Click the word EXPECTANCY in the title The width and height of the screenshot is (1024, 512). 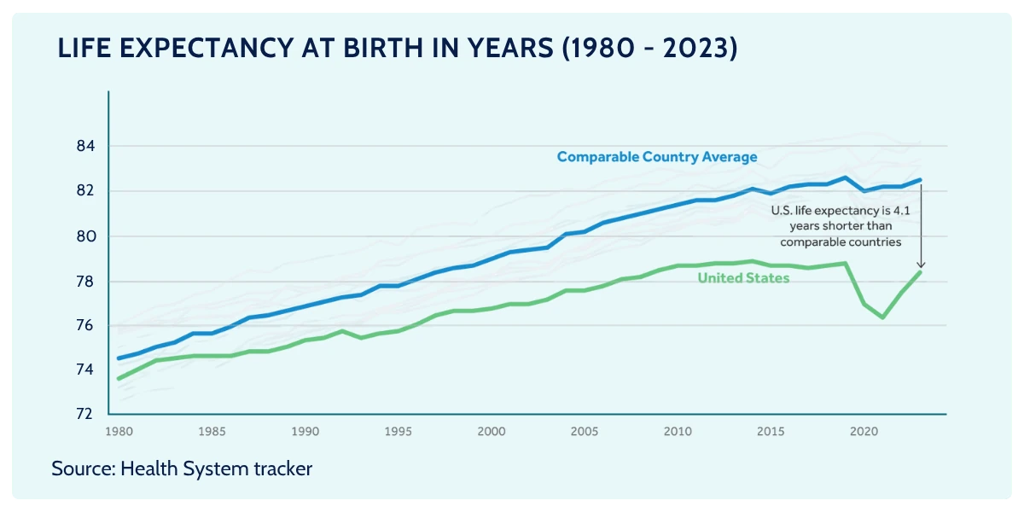point(207,48)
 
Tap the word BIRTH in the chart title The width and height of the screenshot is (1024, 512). point(383,48)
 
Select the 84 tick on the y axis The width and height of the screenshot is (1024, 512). point(85,146)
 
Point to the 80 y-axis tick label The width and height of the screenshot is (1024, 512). point(86,236)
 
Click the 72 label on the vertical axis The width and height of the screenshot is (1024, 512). point(84,414)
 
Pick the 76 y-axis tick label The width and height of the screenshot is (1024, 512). point(84,325)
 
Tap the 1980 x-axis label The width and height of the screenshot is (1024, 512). point(119,432)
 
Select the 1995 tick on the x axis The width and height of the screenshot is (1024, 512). point(398,432)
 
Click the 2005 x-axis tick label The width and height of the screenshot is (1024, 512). point(585,432)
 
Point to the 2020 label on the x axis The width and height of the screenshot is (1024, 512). point(864,432)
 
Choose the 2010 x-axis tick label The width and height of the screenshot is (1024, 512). point(678,432)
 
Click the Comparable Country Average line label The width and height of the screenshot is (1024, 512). point(657,157)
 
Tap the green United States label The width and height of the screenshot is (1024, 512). point(743,278)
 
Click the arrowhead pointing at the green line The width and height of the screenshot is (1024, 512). point(921,265)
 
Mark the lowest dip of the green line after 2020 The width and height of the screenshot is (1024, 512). point(882,317)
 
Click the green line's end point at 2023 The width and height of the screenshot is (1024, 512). point(920,272)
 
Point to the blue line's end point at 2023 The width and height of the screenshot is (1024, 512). point(920,180)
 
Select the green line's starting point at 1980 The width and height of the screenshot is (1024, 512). point(119,379)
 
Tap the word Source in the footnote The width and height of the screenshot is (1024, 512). point(84,468)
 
